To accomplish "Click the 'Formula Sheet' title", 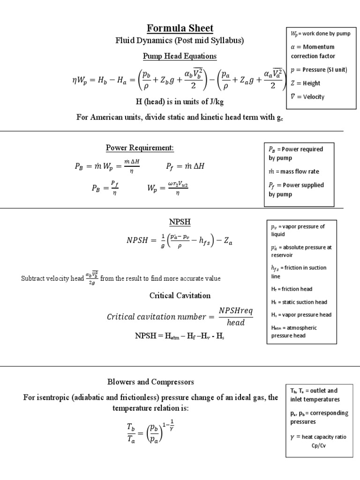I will pos(180,29).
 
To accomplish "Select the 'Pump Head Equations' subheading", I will pos(180,56).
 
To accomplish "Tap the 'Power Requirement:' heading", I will pos(140,148).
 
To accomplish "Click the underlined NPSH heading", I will pos(180,221).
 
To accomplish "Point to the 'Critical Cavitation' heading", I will pos(180,295).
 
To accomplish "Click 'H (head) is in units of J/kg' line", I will pos(180,102).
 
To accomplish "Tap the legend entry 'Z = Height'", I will pos(306,83).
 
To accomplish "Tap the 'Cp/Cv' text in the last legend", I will pos(318,445).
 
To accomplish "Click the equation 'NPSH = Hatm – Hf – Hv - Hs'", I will pos(180,336).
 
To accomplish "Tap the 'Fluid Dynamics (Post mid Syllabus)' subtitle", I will pos(180,41).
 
